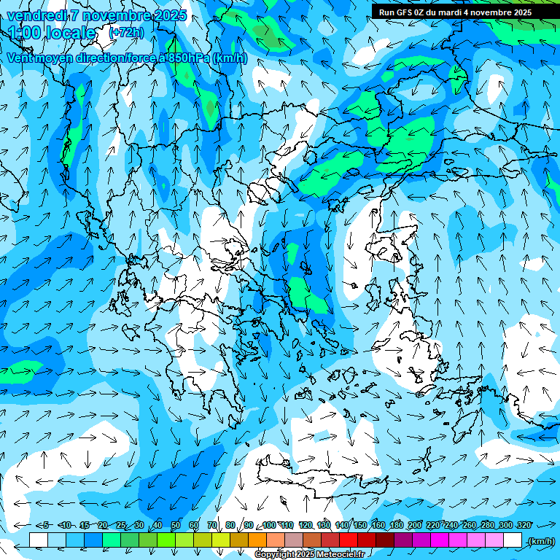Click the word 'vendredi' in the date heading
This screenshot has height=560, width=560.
tap(36, 15)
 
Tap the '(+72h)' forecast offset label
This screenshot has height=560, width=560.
tap(126, 33)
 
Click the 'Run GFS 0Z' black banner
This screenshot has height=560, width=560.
tap(456, 12)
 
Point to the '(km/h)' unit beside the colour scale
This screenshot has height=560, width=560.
tap(540, 541)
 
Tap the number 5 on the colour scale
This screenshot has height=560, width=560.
tap(45, 525)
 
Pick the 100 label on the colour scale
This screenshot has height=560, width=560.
tap(269, 525)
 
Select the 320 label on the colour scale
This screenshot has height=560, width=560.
tap(524, 525)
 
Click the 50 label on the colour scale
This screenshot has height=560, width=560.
tap(176, 525)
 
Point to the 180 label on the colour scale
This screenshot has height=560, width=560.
tap(396, 525)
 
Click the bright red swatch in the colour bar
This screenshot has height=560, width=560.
tap(349, 540)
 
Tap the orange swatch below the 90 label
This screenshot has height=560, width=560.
tap(257, 540)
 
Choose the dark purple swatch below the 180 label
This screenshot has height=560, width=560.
tap(404, 540)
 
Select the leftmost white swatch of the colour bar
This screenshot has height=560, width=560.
tap(39, 540)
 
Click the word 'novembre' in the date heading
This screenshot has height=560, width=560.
tap(114, 15)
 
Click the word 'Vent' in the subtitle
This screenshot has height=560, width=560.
tap(20, 58)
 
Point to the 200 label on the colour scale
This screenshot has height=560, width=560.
tap(414, 525)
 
